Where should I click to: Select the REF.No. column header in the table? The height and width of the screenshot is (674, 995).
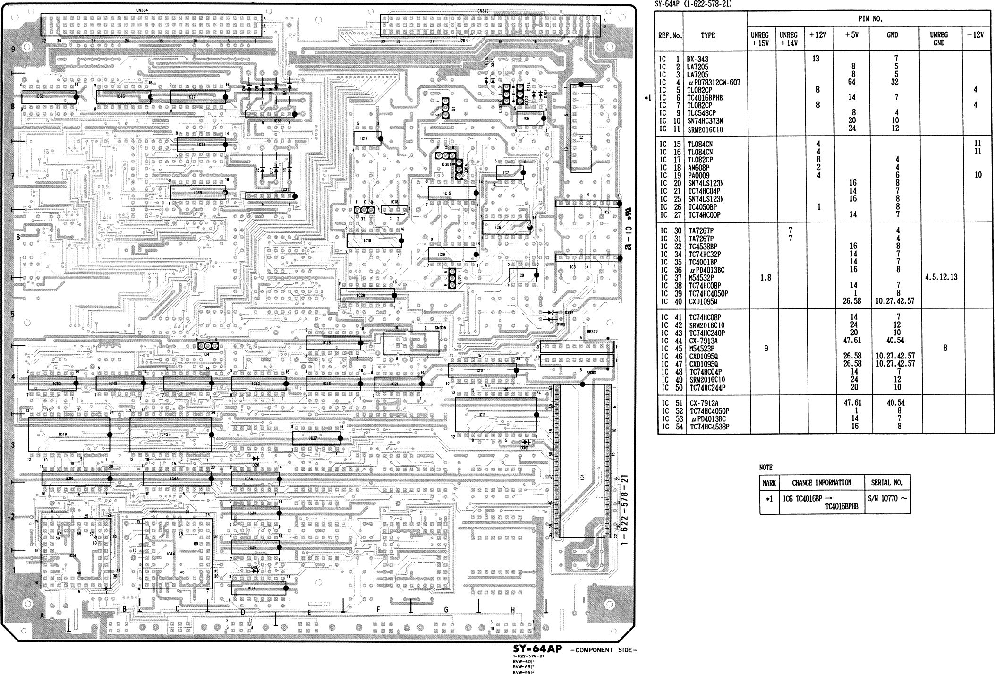pos(668,35)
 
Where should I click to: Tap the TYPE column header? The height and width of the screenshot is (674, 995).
pos(707,35)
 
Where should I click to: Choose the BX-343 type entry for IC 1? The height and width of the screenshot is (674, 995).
pos(697,60)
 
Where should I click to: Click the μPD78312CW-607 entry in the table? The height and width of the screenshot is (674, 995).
pos(714,83)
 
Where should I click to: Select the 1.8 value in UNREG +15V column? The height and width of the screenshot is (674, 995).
pos(765,278)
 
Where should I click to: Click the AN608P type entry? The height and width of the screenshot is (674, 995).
pos(698,168)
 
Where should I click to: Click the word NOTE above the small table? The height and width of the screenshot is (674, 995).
pos(765,468)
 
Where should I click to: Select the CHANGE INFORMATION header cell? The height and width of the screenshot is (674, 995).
pos(821,483)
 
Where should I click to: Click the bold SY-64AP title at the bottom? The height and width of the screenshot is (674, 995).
pos(537,649)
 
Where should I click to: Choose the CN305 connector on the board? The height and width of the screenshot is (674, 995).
pos(411,343)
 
